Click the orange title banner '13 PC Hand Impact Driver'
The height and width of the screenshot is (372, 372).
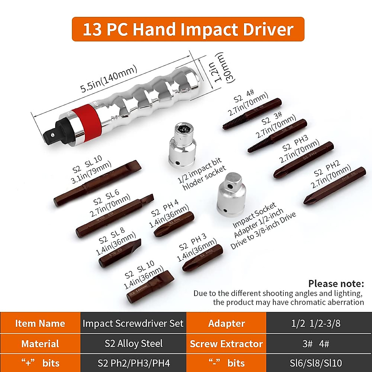click(x=188, y=29)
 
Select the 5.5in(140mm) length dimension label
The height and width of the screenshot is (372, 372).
click(x=108, y=79)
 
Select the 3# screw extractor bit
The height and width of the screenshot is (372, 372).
click(x=277, y=135)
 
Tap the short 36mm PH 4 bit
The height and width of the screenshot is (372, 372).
click(x=174, y=224)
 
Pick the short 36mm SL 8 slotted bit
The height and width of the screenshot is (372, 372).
click(x=120, y=253)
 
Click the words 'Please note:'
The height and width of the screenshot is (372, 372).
click(x=336, y=283)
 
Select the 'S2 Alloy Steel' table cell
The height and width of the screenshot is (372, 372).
click(x=133, y=343)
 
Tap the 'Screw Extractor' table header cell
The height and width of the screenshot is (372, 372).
click(x=226, y=343)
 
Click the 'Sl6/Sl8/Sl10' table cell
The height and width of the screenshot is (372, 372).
click(x=316, y=363)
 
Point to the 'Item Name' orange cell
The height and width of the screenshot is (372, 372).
click(x=40, y=323)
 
